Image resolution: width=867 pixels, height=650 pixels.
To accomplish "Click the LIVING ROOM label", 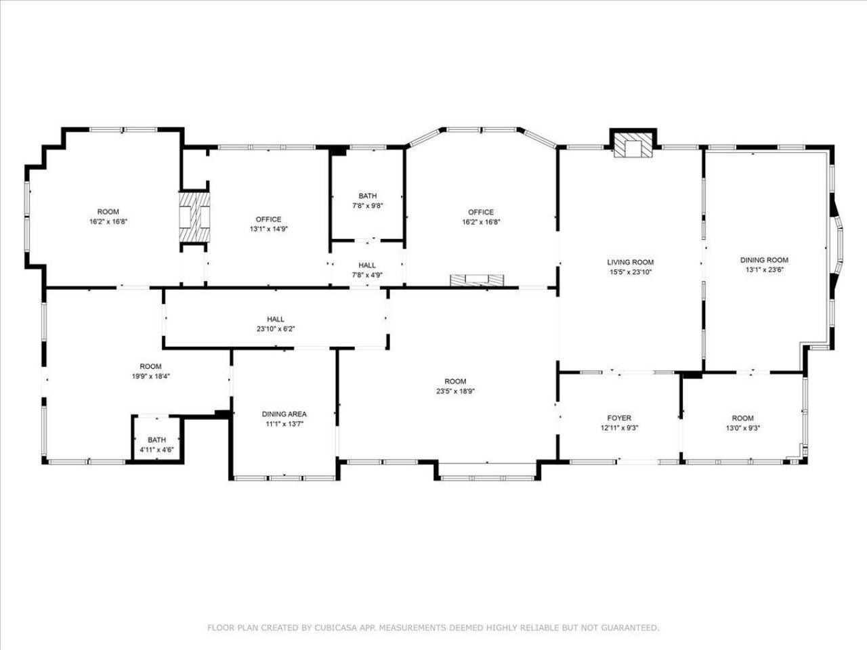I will click(x=630, y=262).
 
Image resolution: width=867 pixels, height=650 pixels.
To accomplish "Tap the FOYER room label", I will click(x=619, y=418).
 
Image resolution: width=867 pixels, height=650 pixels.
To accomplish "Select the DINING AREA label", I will click(x=284, y=414).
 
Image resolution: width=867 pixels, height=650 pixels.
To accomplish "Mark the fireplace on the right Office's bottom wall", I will click(x=478, y=281).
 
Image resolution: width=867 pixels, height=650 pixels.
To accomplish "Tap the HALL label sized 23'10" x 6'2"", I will click(x=276, y=319).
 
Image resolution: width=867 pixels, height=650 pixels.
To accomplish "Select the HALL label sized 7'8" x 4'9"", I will click(x=368, y=265).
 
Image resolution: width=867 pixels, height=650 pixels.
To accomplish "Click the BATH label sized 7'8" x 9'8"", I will click(x=368, y=196).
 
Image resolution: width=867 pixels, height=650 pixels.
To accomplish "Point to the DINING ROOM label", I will click(x=764, y=260).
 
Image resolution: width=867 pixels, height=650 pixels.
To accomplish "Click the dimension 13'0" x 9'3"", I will click(x=742, y=427).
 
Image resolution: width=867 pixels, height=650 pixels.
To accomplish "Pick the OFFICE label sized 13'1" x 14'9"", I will click(x=268, y=219).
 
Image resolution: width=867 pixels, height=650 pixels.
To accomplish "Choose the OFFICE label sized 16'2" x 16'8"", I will click(x=481, y=212).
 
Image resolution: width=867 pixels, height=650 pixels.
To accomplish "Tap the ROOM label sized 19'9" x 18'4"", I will click(x=150, y=366).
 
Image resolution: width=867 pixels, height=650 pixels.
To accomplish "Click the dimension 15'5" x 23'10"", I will click(x=630, y=272).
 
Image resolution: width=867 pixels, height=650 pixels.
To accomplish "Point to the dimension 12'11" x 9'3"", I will click(x=619, y=427).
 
